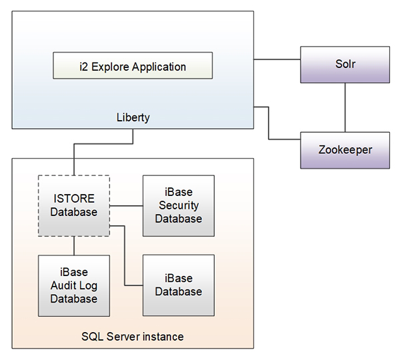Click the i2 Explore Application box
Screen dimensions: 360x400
click(133, 67)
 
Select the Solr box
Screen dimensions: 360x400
click(345, 65)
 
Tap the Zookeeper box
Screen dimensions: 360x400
click(345, 149)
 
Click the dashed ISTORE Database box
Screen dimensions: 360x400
click(74, 205)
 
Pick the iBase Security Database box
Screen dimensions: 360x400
click(179, 205)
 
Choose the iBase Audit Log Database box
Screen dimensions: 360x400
click(74, 285)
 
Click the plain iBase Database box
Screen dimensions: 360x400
click(179, 285)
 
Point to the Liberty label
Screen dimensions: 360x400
click(133, 117)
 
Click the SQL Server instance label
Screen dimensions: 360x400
click(133, 337)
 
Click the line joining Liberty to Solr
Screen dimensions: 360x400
click(277, 60)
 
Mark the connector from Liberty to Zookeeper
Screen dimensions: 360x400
click(269, 123)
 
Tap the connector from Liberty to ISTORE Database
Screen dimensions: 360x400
click(103, 144)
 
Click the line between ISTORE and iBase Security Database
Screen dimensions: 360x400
click(126, 205)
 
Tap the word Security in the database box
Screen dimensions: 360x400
click(179, 206)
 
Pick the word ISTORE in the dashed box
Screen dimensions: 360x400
click(74, 199)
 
